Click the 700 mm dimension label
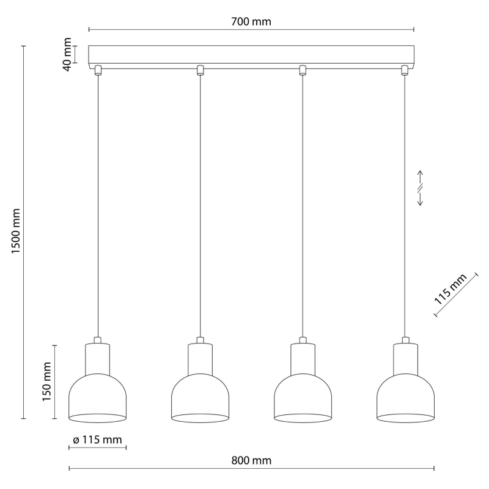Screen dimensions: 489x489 [x=251, y=21]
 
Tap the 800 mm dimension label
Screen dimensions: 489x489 [x=251, y=460]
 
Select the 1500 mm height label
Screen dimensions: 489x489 [x=16, y=231]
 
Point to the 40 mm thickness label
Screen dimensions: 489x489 [x=67, y=54]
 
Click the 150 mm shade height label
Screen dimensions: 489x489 [x=46, y=381]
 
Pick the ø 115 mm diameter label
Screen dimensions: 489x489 [x=97, y=439]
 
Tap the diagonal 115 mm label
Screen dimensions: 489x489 [x=450, y=289]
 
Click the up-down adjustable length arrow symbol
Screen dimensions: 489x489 [x=420, y=188]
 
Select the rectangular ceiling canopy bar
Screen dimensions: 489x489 [x=251, y=57]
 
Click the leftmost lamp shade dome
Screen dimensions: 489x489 [x=98, y=399]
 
